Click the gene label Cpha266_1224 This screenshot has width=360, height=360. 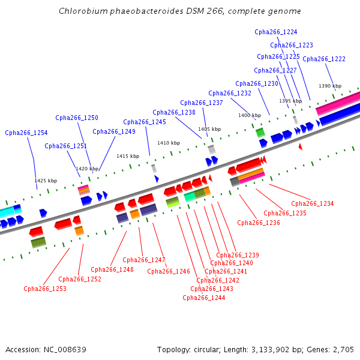276,32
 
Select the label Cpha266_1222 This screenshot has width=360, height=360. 324,59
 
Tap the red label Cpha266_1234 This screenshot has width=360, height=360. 312,203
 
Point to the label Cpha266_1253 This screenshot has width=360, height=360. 45,289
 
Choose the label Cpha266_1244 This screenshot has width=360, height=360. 204,297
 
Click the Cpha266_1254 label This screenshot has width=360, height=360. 26,133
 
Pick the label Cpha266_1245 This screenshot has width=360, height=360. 145,122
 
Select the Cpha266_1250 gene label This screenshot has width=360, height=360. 77,118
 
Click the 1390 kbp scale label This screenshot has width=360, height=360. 330,86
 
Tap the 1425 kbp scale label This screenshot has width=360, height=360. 46,181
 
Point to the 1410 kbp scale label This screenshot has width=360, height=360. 169,143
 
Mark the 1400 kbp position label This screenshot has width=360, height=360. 250,115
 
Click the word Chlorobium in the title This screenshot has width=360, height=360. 81,11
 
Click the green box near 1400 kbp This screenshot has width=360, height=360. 260,132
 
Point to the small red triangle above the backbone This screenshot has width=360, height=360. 301,146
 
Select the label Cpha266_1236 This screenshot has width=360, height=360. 259,223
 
